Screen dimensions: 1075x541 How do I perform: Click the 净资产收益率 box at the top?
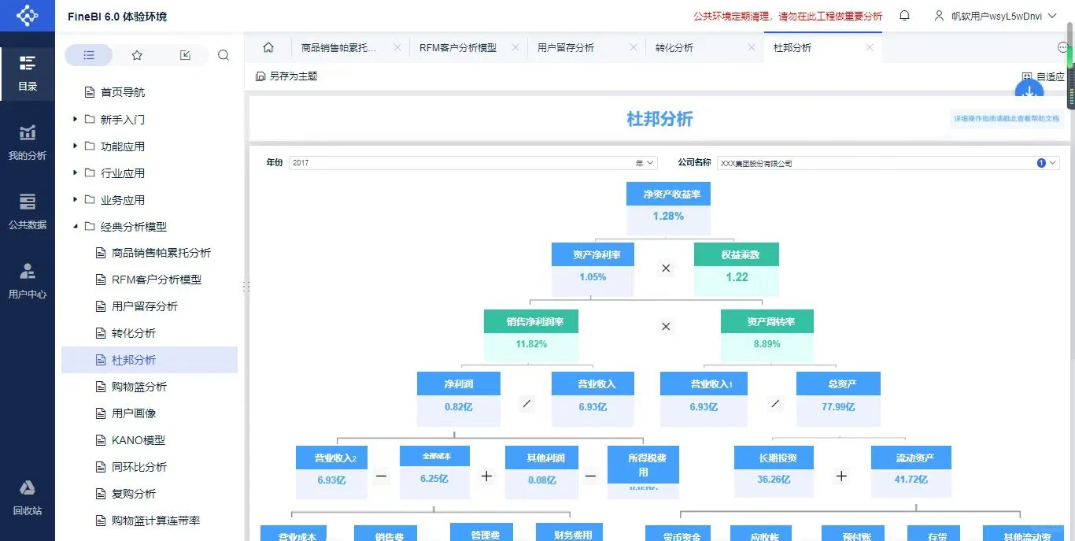click(668, 194)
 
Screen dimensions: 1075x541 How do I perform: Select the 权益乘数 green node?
click(736, 254)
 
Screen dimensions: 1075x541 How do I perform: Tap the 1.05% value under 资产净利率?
click(593, 277)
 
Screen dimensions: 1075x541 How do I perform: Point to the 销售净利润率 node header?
click(531, 321)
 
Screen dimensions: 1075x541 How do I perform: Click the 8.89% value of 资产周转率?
click(767, 344)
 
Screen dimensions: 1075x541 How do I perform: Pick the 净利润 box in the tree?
click(458, 384)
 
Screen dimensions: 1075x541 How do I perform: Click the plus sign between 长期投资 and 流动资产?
click(841, 476)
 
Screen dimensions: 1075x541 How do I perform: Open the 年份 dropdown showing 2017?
click(472, 163)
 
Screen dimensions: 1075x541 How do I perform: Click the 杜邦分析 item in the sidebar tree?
click(134, 360)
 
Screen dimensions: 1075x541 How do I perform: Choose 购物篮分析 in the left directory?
click(139, 387)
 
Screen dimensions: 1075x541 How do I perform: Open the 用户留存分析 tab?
click(566, 48)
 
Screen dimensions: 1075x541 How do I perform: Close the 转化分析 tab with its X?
click(751, 48)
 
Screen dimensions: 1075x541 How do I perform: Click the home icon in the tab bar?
click(268, 48)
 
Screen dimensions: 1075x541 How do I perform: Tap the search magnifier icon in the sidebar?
click(223, 55)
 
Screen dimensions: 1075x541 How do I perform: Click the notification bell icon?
click(904, 16)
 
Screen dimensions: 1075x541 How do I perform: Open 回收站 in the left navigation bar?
click(28, 498)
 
